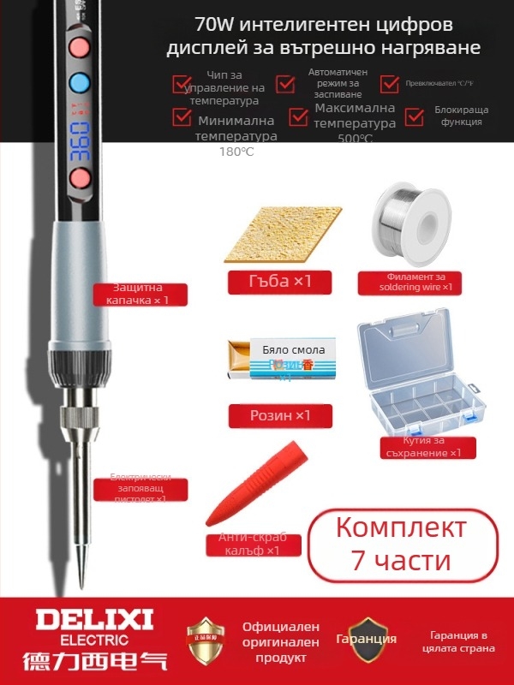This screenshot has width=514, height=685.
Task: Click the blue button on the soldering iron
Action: coord(80,83)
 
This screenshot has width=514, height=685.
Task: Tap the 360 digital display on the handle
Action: coord(80,134)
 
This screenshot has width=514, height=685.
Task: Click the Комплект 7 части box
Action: coord(401,544)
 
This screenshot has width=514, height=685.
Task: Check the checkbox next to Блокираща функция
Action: coord(415,116)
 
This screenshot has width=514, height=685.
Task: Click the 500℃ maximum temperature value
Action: coord(355,138)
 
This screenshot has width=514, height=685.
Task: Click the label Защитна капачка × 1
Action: coord(141,294)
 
